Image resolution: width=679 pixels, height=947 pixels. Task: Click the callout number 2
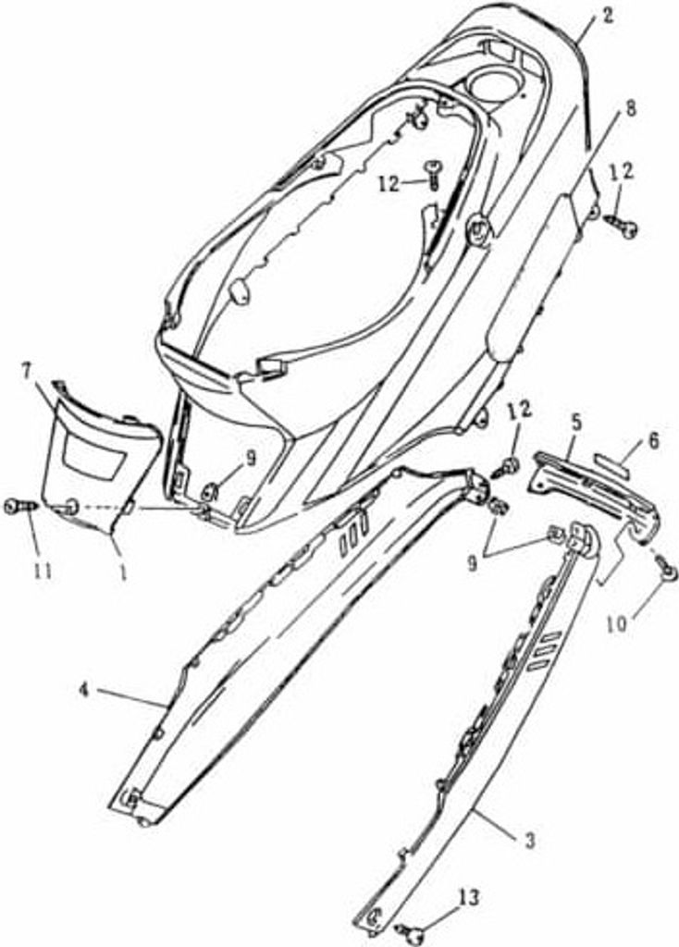click(x=607, y=15)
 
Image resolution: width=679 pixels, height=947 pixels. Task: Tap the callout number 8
click(x=613, y=110)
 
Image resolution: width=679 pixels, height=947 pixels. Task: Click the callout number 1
click(x=123, y=572)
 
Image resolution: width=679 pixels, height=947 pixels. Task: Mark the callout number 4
click(x=85, y=690)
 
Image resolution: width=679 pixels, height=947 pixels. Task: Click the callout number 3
click(x=529, y=840)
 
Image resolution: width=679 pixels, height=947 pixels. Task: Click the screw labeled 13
click(x=407, y=930)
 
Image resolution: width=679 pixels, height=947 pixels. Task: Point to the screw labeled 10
click(x=667, y=570)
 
